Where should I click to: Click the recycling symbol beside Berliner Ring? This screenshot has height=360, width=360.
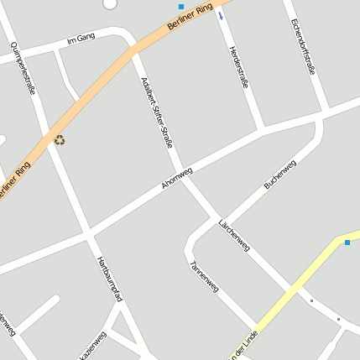[60, 140]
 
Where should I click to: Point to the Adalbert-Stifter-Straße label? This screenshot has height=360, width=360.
[157, 112]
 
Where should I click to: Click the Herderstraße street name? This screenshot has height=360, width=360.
[239, 67]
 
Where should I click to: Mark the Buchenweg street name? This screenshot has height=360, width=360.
[280, 173]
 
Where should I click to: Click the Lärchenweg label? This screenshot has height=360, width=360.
[233, 235]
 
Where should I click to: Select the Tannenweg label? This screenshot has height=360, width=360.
[204, 275]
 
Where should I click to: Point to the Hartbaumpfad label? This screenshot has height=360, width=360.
[110, 279]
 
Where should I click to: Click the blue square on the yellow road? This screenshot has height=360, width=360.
[347, 243]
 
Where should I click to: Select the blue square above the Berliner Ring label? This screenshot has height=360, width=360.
[181, 7]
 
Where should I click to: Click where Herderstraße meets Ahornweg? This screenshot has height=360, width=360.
[263, 130]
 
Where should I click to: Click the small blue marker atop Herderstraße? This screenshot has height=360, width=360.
[221, 15]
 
